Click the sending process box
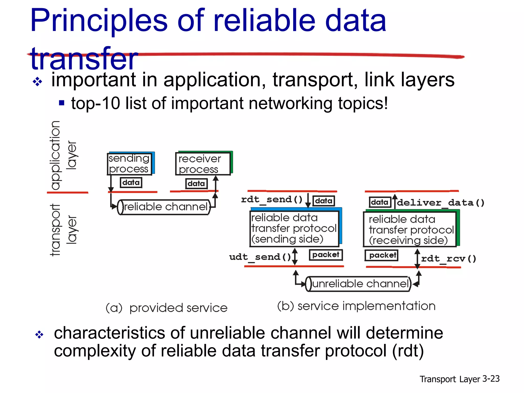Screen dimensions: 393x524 click(129, 164)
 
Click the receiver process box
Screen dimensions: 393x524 click(203, 164)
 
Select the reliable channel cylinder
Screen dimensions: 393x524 click(164, 207)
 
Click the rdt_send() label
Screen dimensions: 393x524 click(272, 199)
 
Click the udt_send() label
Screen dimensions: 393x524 click(260, 257)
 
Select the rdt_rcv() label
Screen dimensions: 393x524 click(449, 259)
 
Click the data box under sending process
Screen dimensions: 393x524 click(131, 183)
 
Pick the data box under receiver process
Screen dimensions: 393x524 click(196, 183)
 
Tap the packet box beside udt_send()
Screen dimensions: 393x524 click(326, 255)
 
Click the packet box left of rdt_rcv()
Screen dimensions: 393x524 click(381, 255)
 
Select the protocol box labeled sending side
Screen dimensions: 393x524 click(294, 228)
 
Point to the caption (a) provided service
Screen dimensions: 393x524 click(166, 308)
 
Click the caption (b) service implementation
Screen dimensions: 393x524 click(356, 306)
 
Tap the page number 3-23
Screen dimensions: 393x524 click(491, 379)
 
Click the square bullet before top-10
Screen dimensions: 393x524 click(61, 103)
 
